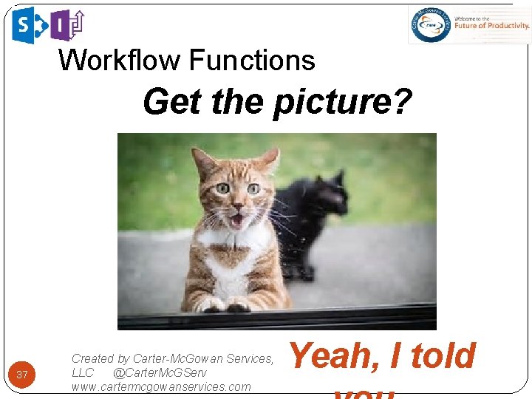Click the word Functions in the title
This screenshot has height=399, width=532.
coord(252,60)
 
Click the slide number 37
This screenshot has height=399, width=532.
coord(22,375)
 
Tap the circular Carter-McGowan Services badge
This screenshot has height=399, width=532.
coord(432,25)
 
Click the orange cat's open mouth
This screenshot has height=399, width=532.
coord(236,219)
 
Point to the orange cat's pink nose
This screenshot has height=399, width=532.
coord(236,204)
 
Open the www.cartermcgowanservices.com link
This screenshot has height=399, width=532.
coord(161,386)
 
